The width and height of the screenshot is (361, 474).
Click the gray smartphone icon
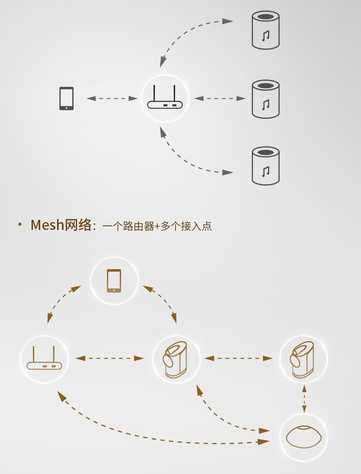(x=66, y=99)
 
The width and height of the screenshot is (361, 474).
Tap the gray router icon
(x=165, y=97)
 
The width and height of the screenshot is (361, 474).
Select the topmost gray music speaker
(x=265, y=30)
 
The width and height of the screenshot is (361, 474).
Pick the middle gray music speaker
(x=265, y=99)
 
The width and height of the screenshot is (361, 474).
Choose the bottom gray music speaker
(x=265, y=165)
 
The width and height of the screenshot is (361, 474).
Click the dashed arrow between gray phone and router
(x=112, y=98)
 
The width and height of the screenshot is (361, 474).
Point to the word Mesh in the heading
(x=48, y=225)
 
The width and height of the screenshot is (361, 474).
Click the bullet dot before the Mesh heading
(x=20, y=224)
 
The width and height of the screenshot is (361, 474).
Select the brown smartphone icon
(x=114, y=281)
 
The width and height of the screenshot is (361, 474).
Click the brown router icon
(x=44, y=358)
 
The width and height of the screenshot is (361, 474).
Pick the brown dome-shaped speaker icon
(x=303, y=437)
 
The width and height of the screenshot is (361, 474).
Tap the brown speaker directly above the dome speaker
(x=302, y=360)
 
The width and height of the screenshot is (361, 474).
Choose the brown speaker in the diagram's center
(x=175, y=360)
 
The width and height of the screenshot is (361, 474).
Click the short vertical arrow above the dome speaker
(x=304, y=399)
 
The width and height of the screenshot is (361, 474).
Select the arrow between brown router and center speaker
(x=109, y=358)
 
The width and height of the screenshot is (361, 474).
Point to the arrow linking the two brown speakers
(x=239, y=358)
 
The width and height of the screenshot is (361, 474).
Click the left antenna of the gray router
(x=154, y=93)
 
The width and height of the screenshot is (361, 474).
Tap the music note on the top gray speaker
(x=265, y=36)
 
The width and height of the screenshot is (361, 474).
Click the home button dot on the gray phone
(x=66, y=108)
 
